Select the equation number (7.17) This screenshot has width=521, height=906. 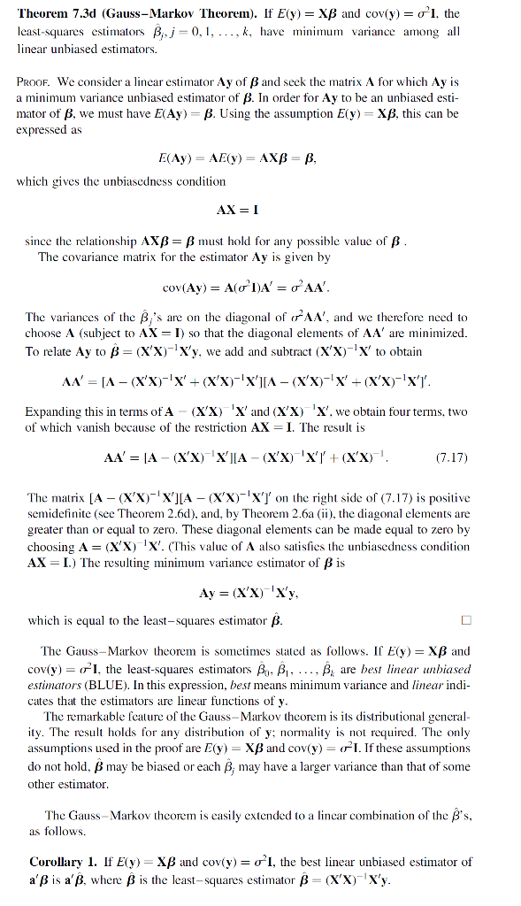pos(452,458)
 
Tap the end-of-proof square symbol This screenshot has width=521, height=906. pos(466,619)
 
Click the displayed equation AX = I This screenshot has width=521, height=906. pos(236,211)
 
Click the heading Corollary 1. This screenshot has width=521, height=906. pos(57,862)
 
